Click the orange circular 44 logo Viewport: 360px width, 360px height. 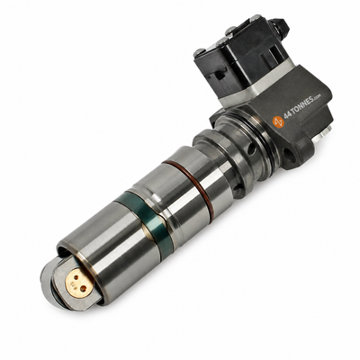(278, 121)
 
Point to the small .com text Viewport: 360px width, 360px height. (318, 96)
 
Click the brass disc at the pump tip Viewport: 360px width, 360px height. (79, 283)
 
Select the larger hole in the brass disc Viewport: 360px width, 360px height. (83, 289)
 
